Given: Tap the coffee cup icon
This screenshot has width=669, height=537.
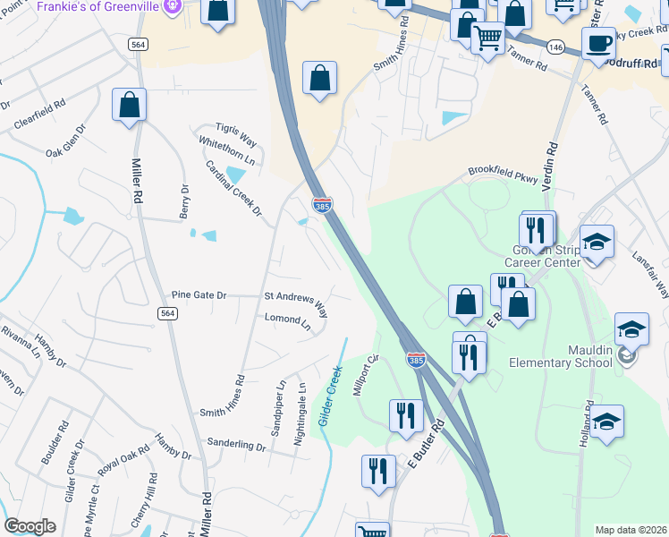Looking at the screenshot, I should (598, 43).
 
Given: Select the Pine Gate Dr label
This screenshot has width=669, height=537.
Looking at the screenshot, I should (199, 294).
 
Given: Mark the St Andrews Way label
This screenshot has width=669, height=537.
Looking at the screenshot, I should (296, 303).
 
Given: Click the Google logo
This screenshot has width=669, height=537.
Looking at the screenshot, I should (30, 526).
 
